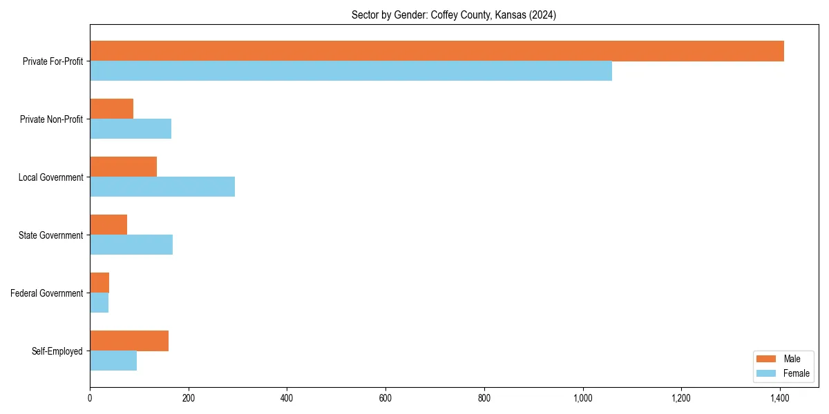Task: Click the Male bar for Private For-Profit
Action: coord(437,51)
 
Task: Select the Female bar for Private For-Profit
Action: coord(351,71)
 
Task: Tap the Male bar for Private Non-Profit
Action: coord(111,109)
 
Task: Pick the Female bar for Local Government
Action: coord(162,187)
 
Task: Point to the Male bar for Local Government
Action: coord(123,167)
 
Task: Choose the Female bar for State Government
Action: coord(131,245)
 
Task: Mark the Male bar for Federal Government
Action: coord(99,283)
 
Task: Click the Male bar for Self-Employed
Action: coord(129,341)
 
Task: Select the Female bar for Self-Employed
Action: coord(113,361)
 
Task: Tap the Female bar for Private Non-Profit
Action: coord(131,129)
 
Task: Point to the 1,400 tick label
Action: coord(780,398)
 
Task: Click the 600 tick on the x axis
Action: coord(385,398)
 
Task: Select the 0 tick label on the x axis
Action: coord(90,398)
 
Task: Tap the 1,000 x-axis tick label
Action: coord(583,398)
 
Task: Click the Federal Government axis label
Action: coord(47,293)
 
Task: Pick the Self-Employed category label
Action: coord(57,351)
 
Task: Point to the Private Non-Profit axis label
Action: coord(51,119)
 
